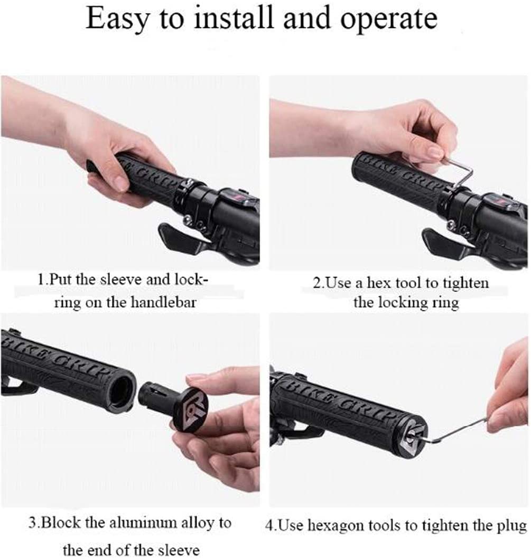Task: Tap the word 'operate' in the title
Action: pos(389,20)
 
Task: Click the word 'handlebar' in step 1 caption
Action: pos(163,303)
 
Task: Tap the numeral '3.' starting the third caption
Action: pos(34,523)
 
